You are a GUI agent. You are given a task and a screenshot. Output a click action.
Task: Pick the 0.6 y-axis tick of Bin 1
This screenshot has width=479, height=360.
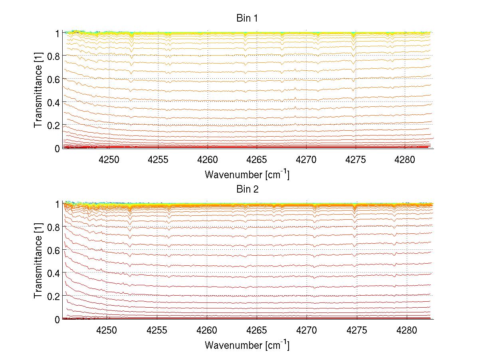53,79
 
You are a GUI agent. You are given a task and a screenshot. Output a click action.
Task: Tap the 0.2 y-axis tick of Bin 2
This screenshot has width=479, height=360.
53,296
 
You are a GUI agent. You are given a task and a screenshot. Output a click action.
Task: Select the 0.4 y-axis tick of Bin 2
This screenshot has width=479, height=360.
53,273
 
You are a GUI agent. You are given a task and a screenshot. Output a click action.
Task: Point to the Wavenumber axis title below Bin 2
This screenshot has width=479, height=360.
247,344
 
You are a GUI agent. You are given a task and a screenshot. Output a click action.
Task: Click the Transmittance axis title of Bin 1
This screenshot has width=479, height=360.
38,90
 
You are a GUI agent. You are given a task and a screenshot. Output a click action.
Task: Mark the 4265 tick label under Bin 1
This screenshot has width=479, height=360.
257,159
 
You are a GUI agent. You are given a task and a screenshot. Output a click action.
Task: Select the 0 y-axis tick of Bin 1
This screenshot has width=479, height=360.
57,148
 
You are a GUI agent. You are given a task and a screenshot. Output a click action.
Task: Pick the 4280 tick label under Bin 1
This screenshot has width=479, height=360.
405,159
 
